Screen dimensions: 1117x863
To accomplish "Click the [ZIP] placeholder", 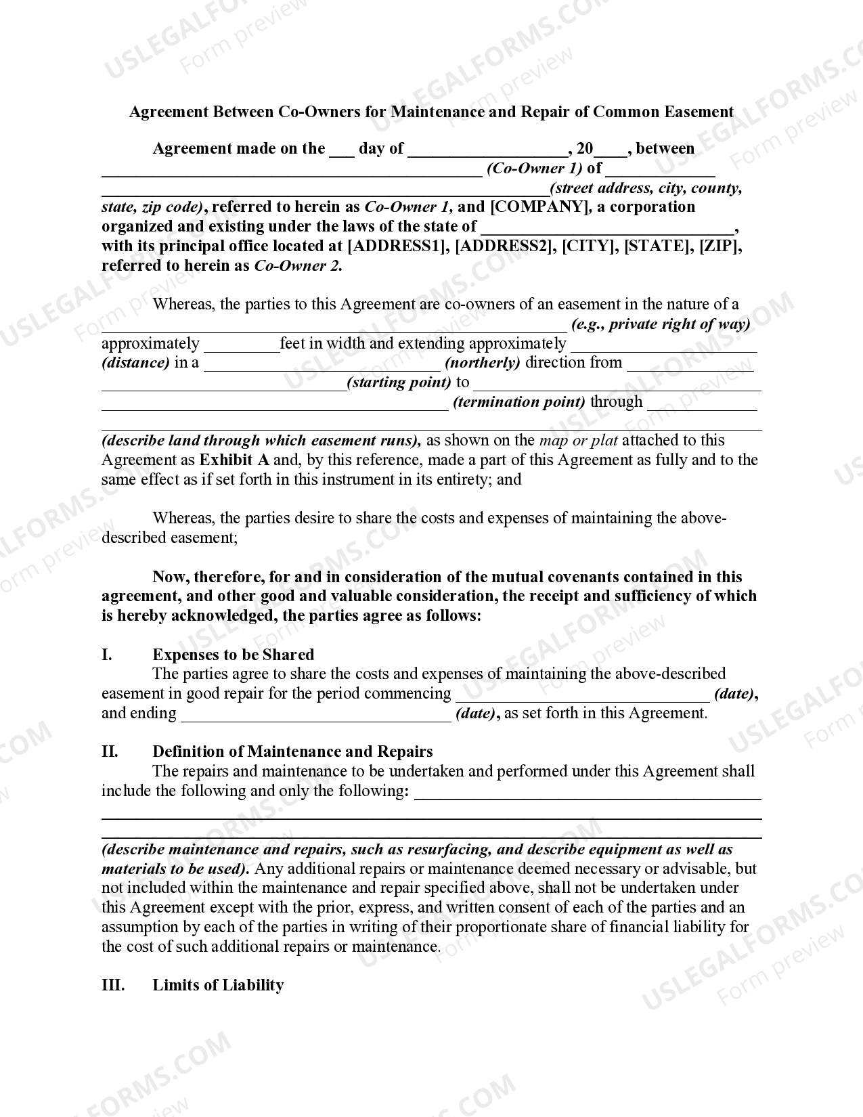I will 719,246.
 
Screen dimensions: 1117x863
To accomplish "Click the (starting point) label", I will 399,382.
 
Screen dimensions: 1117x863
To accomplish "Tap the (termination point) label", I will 518,402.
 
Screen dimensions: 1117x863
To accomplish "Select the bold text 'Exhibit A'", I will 234,460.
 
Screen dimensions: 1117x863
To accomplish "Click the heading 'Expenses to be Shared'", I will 234,655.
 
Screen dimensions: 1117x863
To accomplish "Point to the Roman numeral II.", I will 110,751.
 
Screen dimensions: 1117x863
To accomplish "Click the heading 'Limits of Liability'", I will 218,985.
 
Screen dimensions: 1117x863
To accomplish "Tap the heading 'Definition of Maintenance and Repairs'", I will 292,751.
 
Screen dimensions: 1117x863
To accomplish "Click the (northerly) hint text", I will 482,363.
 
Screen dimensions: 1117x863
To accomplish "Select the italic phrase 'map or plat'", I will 578,441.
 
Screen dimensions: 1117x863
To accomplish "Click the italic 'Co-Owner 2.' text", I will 298,266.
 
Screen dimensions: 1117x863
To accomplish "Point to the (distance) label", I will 135,363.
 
